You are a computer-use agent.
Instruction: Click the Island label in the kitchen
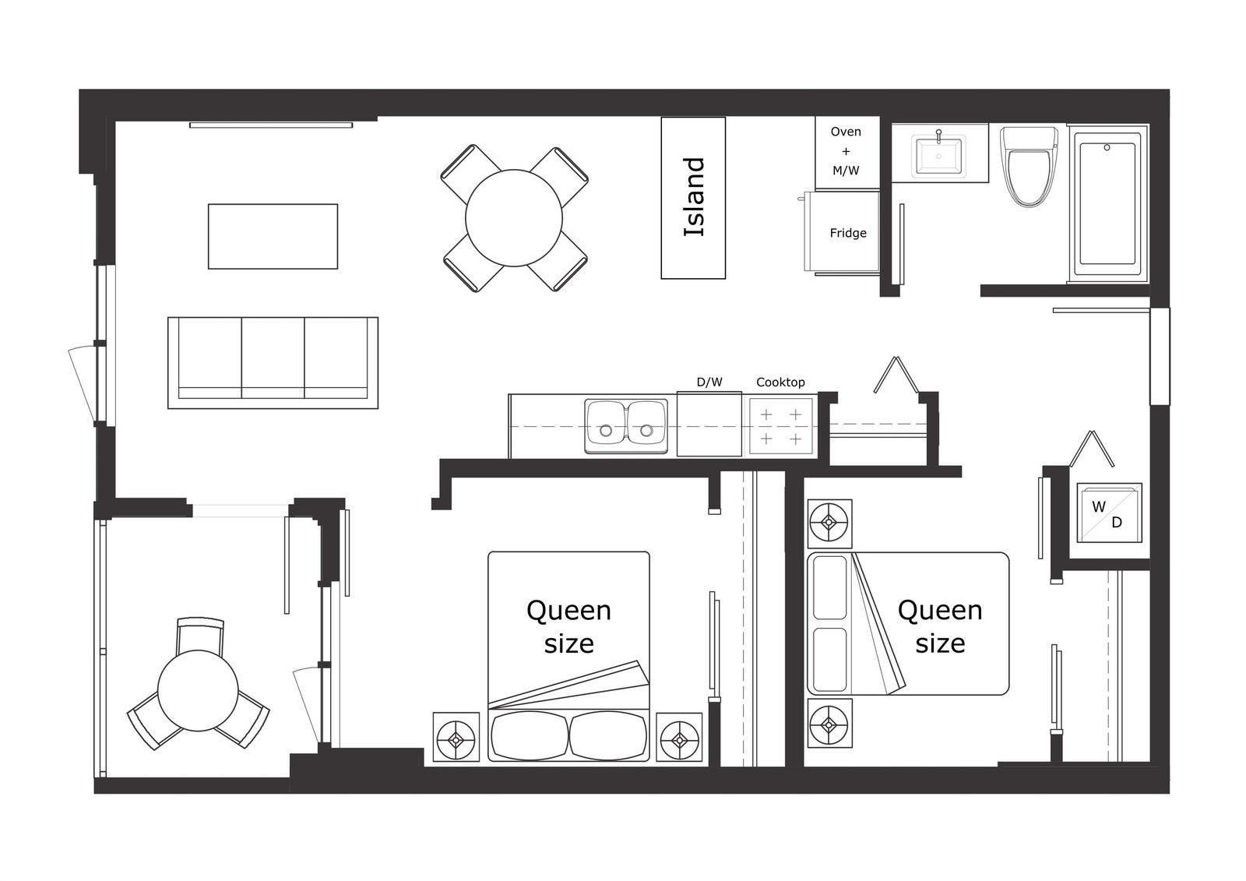tap(694, 198)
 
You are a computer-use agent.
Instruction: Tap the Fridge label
tap(848, 233)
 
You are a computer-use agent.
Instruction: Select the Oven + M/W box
tap(847, 152)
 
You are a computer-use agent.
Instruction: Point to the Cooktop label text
tap(780, 382)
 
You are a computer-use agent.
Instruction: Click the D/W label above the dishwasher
tap(709, 382)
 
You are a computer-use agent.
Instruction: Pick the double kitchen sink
tap(626, 426)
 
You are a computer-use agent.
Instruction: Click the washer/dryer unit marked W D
tap(1109, 513)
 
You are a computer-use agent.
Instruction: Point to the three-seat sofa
tap(273, 363)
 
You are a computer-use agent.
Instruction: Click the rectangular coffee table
tap(273, 237)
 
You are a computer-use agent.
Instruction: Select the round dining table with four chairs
tap(514, 218)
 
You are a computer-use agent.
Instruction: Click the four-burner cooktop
tap(780, 427)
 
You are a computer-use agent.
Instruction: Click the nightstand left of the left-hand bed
tap(456, 737)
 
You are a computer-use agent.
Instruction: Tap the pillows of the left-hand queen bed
tap(568, 736)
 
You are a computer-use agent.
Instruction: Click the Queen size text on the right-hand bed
tap(940, 626)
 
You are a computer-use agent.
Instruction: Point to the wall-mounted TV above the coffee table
tap(271, 125)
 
